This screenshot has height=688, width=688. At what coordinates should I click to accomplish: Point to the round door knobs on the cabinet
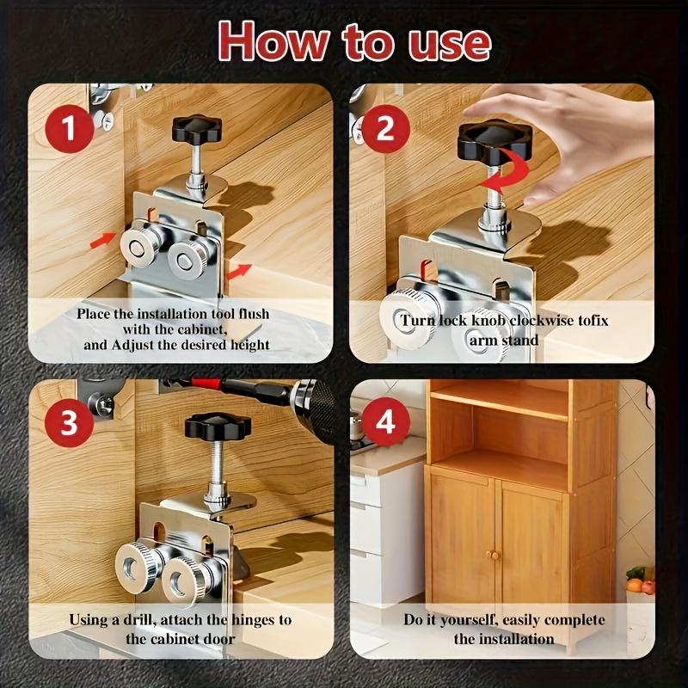point(494,556)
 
